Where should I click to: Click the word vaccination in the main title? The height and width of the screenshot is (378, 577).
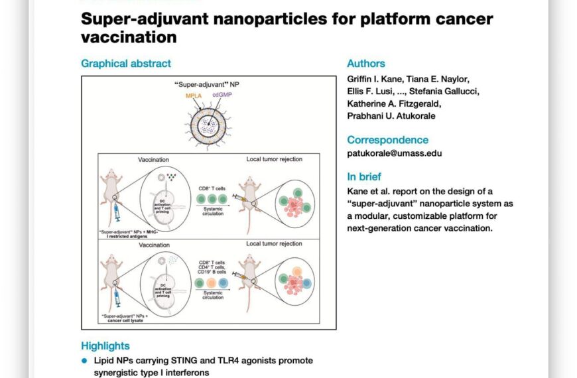(x=129, y=37)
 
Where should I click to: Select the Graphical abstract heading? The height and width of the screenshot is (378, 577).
(x=126, y=64)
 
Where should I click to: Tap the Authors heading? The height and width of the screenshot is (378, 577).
(x=365, y=64)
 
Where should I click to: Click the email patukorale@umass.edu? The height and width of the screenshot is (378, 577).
(x=395, y=153)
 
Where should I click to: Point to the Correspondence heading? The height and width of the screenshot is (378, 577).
(x=387, y=140)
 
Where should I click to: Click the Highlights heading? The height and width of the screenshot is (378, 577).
(x=105, y=346)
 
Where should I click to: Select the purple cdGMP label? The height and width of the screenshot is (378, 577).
(x=222, y=95)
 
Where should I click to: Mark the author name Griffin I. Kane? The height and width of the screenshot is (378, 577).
(x=375, y=79)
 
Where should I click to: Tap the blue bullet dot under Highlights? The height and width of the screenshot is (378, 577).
(x=84, y=360)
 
